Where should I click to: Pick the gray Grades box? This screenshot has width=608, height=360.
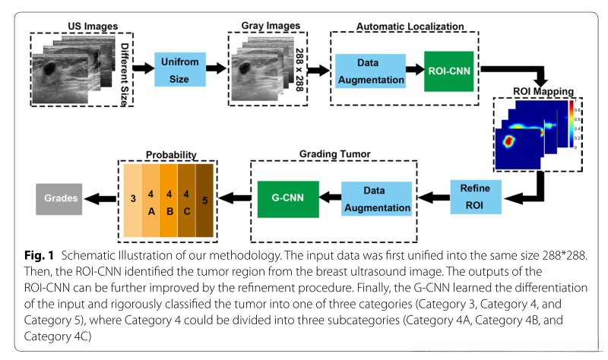[59, 198]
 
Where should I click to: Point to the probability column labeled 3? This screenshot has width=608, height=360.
[133, 198]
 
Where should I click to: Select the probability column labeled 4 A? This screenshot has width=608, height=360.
[152, 198]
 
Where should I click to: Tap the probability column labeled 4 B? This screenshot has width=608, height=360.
[169, 198]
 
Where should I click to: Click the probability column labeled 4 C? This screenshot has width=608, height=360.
[187, 198]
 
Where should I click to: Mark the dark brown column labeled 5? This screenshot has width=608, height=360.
[206, 198]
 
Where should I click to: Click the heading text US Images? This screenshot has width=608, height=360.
[84, 26]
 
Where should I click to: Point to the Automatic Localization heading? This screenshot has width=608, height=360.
[410, 27]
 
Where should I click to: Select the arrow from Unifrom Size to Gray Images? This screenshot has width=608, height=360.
[217, 68]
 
